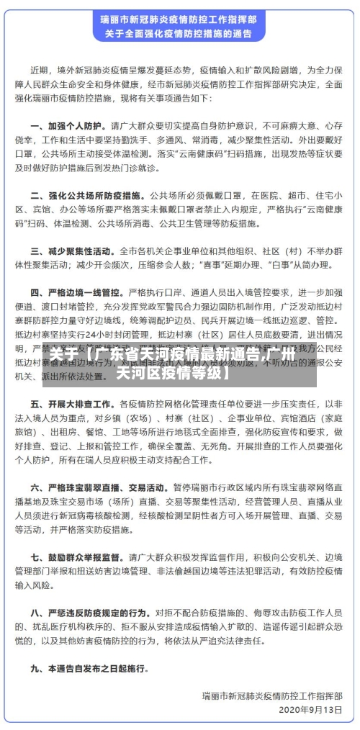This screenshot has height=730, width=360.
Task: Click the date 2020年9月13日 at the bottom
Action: pos(309,709)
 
